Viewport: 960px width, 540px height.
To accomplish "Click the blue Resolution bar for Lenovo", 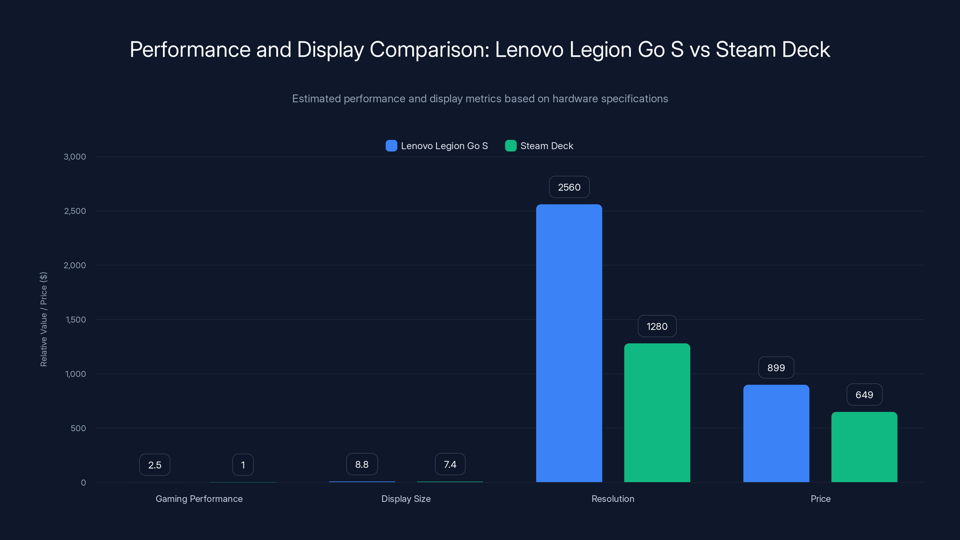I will [x=569, y=343].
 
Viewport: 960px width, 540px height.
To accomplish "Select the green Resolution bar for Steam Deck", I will [x=657, y=412].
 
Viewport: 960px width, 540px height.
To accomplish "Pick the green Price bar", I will [x=864, y=447].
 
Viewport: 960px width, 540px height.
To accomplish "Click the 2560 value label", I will [x=569, y=187].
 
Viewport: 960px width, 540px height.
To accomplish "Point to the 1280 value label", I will [x=657, y=326].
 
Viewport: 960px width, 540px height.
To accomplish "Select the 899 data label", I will [x=776, y=368].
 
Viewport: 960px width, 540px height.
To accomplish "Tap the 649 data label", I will [x=864, y=395].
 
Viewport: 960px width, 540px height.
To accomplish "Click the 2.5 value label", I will [x=155, y=465].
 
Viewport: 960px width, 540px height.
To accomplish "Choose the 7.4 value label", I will [x=450, y=464].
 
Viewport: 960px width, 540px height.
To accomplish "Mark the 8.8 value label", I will [x=362, y=464].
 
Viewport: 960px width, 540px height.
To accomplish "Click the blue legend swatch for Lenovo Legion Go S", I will [x=391, y=146].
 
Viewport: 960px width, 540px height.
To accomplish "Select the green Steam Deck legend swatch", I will [x=511, y=146].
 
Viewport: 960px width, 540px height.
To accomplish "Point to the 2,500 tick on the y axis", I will [x=75, y=211].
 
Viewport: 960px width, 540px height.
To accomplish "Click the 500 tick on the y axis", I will [x=78, y=428].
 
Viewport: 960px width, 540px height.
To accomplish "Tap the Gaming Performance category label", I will [x=199, y=499].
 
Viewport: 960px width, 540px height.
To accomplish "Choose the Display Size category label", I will [x=406, y=499].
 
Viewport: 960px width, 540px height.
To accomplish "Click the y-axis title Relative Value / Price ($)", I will [x=43, y=319].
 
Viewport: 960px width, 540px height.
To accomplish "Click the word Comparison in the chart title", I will [x=429, y=49].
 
